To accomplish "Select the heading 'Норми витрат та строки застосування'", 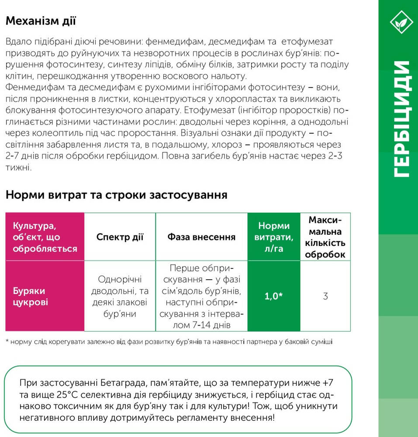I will point(116,195).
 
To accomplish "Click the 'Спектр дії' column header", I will point(120,237).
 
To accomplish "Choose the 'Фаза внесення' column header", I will point(201,237).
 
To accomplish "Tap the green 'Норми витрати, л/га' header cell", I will point(274,237).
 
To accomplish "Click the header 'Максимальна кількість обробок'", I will point(325,237).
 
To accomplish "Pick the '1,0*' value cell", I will point(274,296).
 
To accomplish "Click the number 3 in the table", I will point(325,296).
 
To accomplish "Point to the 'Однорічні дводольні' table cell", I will point(120,296).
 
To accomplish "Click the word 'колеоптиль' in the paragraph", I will point(59,132).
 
